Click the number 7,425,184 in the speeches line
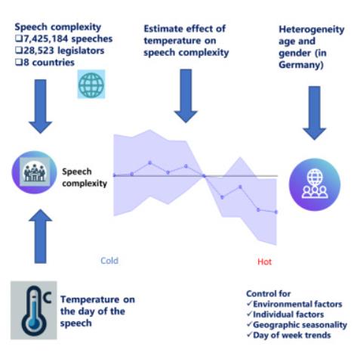(45, 39)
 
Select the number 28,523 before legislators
(38, 51)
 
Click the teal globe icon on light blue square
(91, 84)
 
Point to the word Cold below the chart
(109, 261)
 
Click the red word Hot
(264, 261)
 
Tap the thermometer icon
(34, 311)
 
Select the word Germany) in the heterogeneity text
(301, 65)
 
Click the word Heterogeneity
(312, 29)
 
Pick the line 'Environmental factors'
(297, 304)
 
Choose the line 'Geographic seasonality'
(300, 325)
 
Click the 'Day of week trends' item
(292, 335)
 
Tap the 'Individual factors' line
(288, 314)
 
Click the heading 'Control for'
(268, 294)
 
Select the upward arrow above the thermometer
(40, 237)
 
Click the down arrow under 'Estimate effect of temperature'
(186, 96)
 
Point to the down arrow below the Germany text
(314, 113)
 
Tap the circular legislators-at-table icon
(35, 172)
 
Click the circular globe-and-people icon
(315, 184)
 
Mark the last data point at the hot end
(276, 212)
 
